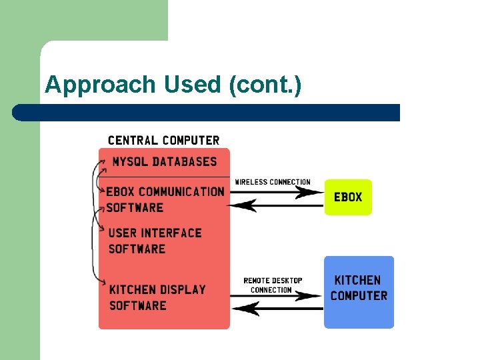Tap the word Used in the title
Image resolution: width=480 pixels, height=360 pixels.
click(x=184, y=85)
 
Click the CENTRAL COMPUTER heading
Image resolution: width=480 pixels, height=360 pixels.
click(x=163, y=141)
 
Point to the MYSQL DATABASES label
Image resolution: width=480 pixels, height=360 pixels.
click(x=164, y=162)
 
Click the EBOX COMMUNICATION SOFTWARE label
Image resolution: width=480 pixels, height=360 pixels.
click(x=165, y=199)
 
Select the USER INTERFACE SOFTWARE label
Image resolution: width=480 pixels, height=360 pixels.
click(x=155, y=241)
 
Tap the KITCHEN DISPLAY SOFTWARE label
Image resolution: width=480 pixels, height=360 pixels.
click(x=157, y=297)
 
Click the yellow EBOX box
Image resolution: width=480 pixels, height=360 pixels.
click(x=348, y=197)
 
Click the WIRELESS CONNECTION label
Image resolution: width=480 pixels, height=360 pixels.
click(x=273, y=182)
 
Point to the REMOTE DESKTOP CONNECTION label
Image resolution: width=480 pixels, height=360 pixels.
click(x=272, y=285)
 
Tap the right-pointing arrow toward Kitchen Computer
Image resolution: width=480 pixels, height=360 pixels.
click(x=280, y=297)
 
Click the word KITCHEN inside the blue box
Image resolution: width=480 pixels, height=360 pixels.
click(x=357, y=281)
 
